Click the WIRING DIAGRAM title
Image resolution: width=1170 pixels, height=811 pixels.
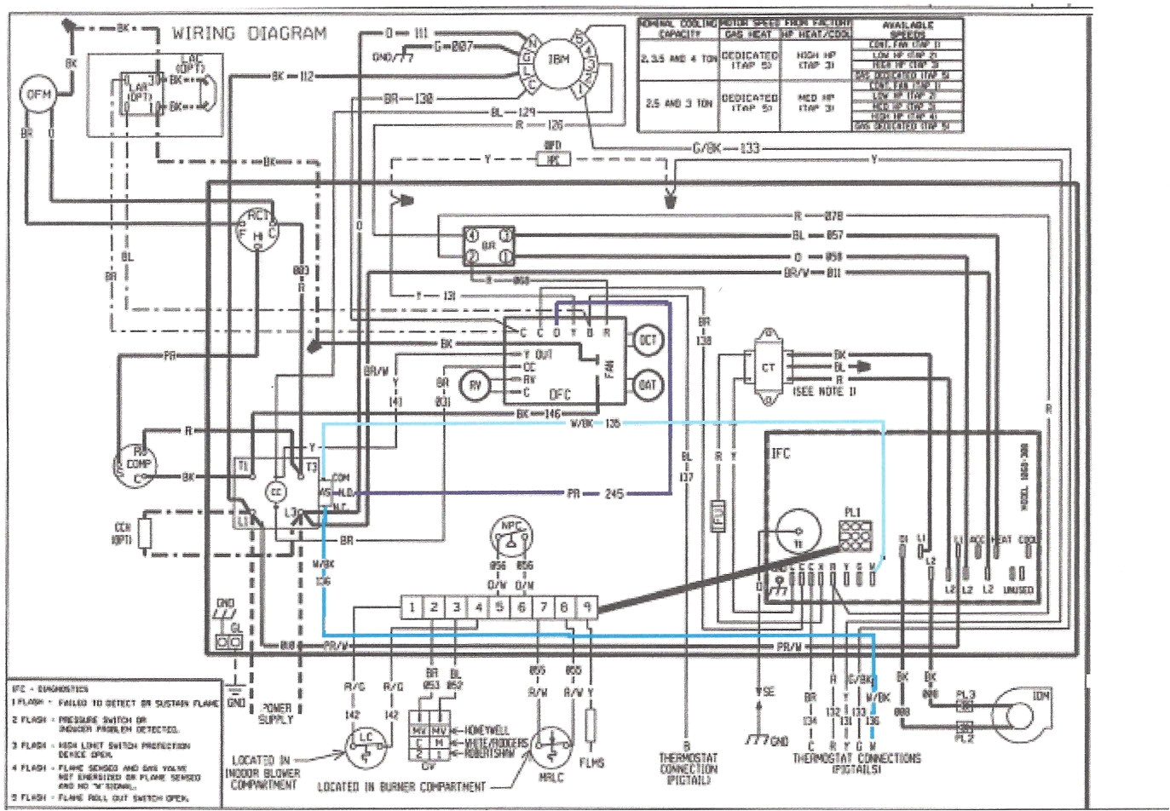tap(249, 34)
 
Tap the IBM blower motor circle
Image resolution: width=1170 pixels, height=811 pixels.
tap(557, 60)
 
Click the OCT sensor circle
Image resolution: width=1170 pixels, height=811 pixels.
tap(648, 341)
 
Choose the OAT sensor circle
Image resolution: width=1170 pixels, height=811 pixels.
tap(648, 385)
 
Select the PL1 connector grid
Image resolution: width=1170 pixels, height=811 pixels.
tap(853, 538)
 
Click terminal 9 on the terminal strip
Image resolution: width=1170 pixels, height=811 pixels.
tap(587, 607)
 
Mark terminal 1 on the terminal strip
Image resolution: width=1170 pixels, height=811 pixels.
tap(412, 607)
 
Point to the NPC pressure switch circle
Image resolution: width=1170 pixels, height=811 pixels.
tap(510, 534)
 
